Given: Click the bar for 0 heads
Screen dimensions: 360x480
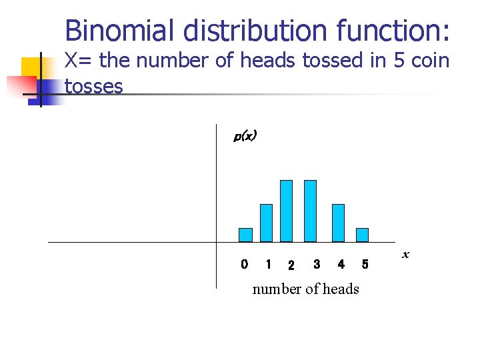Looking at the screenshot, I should [x=245, y=235].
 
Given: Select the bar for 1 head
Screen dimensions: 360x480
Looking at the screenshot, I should [x=266, y=223].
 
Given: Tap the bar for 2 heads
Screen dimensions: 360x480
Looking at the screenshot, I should [x=286, y=211].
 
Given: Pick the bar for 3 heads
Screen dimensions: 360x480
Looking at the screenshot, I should [x=310, y=211].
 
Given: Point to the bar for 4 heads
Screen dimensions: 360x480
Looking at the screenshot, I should [x=339, y=223].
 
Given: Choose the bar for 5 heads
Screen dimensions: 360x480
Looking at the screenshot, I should [x=362, y=235].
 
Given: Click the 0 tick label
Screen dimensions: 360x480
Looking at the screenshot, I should [x=244, y=265].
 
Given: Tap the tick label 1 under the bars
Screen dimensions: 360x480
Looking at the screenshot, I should [x=268, y=265].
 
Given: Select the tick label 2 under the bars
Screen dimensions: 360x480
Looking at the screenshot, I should [x=291, y=266].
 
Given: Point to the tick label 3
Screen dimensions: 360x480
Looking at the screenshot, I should [x=317, y=265].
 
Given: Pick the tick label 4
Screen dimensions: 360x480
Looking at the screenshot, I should [x=341, y=265].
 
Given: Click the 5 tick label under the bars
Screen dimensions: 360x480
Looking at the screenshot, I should [x=365, y=265].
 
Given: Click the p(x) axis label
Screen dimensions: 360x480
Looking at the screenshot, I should [x=245, y=136].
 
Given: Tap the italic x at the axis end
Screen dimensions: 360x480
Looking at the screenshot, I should [x=405, y=255].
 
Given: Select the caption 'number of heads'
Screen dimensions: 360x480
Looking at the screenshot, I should [x=305, y=289].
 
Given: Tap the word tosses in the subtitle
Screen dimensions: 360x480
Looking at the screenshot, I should [x=93, y=85].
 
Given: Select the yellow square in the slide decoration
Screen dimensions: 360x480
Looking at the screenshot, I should [x=32, y=69].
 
